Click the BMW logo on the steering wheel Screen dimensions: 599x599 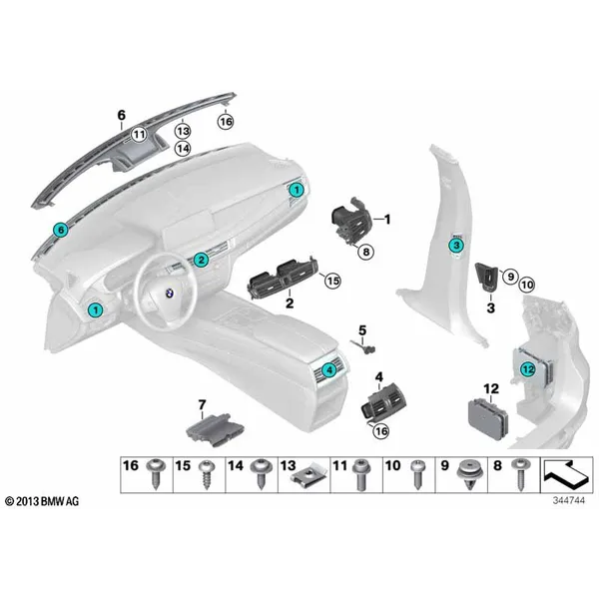[169, 294]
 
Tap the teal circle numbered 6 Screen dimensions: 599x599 [61, 230]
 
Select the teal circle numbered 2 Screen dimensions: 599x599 [201, 261]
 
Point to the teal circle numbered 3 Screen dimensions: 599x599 [456, 246]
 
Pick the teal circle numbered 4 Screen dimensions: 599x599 [328, 369]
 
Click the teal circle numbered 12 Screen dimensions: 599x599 [527, 369]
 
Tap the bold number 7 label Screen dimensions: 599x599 [202, 404]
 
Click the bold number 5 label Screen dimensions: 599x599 [362, 330]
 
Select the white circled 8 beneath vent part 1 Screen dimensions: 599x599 [366, 252]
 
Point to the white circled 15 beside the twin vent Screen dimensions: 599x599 [332, 281]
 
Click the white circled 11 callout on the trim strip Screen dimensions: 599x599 [139, 134]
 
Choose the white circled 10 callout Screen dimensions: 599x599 [527, 285]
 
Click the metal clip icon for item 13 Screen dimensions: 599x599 [309, 477]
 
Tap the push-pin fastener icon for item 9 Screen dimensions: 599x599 [469, 474]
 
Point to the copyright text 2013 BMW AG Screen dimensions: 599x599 [42, 501]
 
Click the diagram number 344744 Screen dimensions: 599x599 [568, 500]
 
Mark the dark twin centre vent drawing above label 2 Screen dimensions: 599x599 [283, 276]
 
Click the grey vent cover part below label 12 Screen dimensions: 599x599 [488, 419]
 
